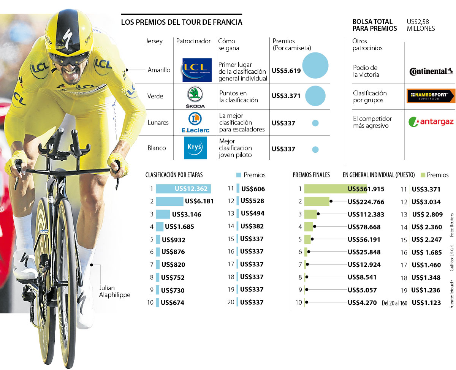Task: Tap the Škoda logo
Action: [196, 96]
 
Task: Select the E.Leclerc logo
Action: [195, 123]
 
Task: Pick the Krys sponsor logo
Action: [195, 148]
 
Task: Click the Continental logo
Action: [431, 71]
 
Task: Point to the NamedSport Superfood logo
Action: [431, 96]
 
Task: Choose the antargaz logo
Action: [431, 122]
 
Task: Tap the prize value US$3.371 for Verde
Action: [286, 96]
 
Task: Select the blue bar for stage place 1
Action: [183, 189]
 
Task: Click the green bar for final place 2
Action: [317, 201]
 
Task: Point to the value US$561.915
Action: [366, 189]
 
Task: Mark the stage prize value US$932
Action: [173, 240]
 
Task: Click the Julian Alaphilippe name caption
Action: [114, 291]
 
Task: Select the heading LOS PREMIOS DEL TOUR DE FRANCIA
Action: [182, 22]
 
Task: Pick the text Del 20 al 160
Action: [394, 303]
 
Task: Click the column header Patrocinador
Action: [193, 41]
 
